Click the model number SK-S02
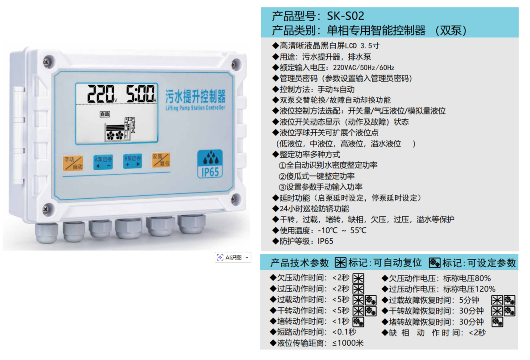346,16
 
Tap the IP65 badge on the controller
210,164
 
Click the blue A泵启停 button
103,162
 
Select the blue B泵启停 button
132,161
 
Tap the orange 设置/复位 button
161,160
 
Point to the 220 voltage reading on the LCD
101,94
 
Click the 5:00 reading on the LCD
140,93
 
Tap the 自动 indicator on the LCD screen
105,114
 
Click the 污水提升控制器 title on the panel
196,96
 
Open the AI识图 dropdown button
233,258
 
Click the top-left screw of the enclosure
48,62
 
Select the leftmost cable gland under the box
46,233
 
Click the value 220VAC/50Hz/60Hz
363,67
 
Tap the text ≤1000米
348,343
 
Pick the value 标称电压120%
469,289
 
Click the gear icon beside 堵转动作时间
358,322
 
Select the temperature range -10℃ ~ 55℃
342,230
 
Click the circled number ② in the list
282,176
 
